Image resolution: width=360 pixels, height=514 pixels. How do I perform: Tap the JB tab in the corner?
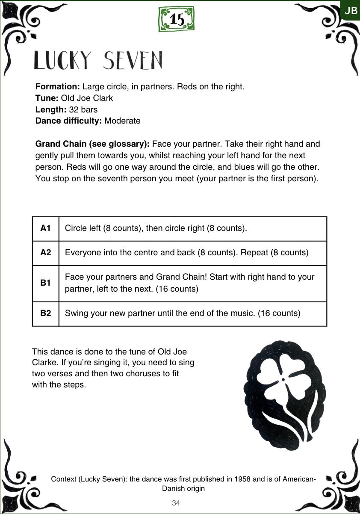tap(351, 11)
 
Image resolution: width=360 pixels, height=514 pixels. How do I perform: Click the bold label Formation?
tap(58, 87)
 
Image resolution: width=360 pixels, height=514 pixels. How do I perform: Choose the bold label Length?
tap(51, 109)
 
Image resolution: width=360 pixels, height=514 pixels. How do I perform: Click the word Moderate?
tap(122, 121)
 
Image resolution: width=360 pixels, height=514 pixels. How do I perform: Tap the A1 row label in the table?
tap(46, 228)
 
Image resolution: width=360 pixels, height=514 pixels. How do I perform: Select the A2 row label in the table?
tap(46, 252)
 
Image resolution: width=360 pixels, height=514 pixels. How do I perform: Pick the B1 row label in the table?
tap(46, 283)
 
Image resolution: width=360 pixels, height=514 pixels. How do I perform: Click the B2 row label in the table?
tap(46, 313)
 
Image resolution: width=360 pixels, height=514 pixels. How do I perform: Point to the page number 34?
tap(176, 503)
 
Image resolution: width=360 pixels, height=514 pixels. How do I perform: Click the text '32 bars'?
tap(83, 109)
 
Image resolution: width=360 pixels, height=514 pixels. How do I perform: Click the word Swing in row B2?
tap(75, 313)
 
